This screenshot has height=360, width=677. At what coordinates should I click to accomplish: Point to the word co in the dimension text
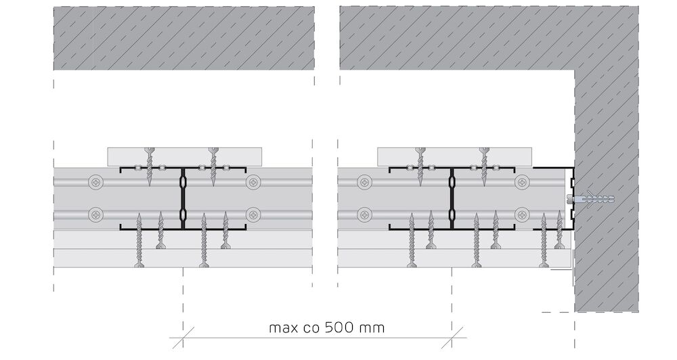[313, 328]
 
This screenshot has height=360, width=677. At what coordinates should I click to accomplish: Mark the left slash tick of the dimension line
[183, 338]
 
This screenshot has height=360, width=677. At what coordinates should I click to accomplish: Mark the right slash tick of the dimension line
[452, 338]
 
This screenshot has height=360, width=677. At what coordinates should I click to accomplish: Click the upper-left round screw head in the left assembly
[96, 183]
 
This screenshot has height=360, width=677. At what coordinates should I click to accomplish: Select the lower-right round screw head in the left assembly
[253, 214]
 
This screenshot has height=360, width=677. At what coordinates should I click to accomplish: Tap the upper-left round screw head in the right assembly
[365, 183]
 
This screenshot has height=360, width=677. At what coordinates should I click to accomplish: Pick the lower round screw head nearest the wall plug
[523, 214]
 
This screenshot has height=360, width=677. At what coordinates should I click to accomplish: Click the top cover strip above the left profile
[185, 157]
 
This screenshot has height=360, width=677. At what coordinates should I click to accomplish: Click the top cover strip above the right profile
[455, 157]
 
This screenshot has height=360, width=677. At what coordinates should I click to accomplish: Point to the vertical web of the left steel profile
[183, 198]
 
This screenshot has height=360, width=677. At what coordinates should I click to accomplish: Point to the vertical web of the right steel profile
[452, 198]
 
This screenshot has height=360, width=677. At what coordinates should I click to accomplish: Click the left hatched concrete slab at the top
[184, 38]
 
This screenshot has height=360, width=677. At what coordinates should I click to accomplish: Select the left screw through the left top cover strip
[150, 166]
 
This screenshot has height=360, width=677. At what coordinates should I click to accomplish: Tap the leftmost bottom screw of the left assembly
[139, 240]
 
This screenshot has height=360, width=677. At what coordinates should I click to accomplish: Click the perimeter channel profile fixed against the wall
[571, 198]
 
